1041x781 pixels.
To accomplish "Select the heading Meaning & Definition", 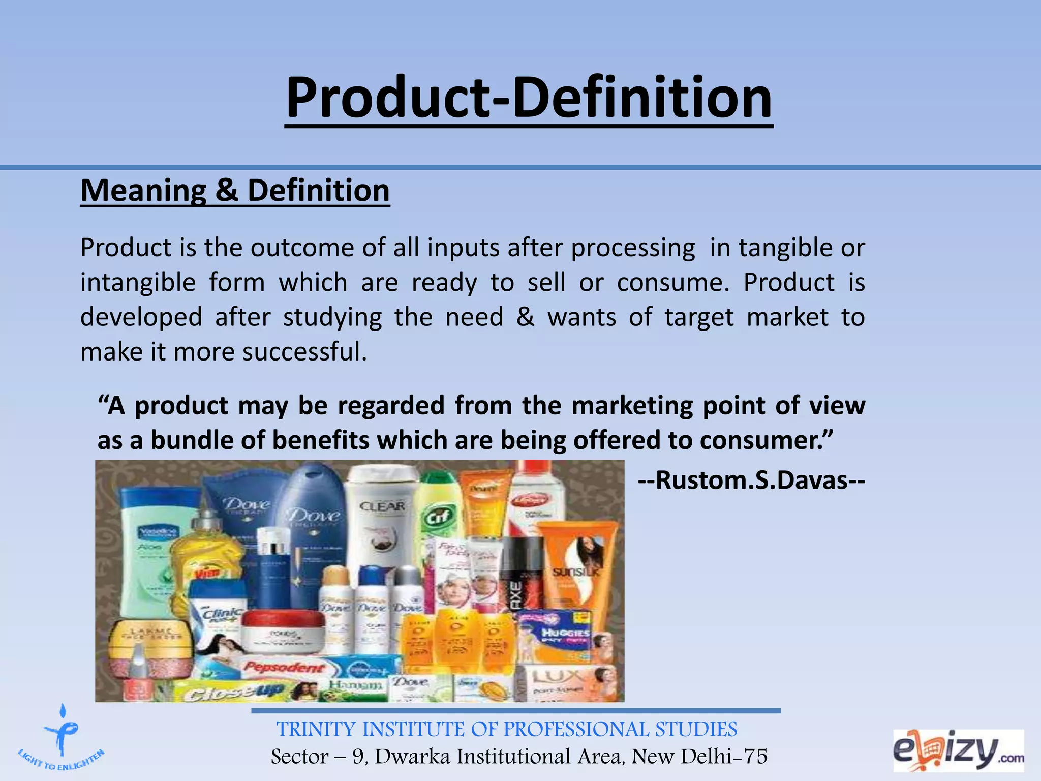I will click(x=235, y=191).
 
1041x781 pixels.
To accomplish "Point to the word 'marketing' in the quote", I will click(x=632, y=406).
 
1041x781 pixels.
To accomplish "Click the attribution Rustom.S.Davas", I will click(x=751, y=480).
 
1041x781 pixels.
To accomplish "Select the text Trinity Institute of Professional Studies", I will click(x=506, y=729).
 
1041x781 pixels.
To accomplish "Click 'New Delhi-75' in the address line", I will click(x=699, y=757).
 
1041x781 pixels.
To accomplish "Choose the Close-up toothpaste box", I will click(x=239, y=692).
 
